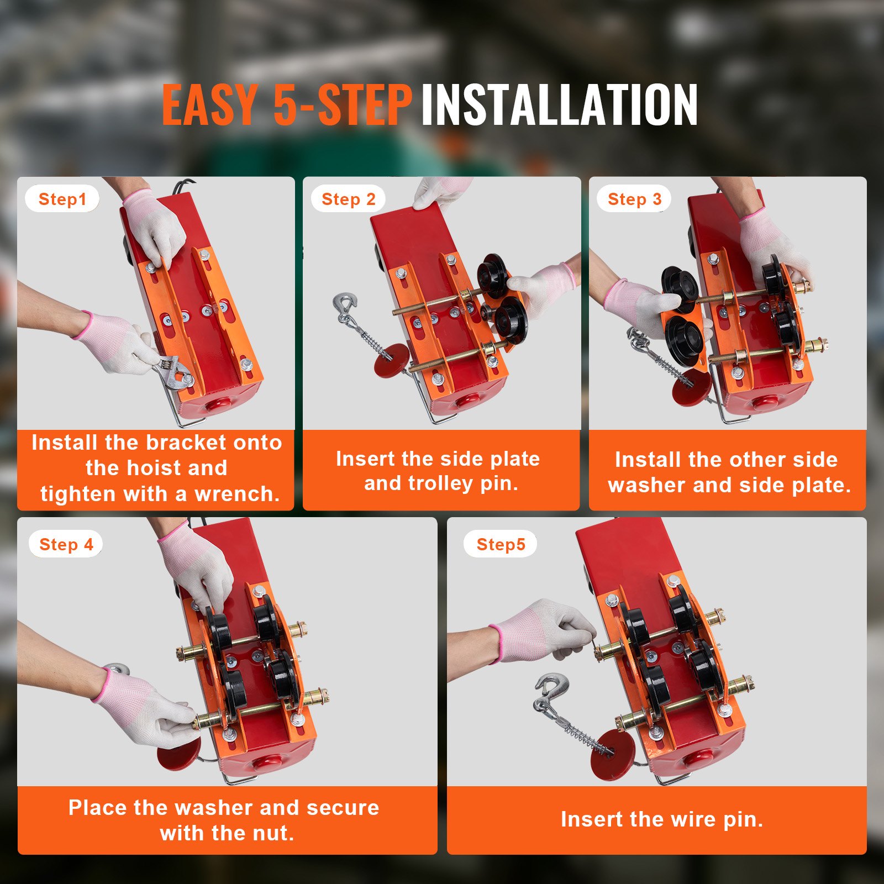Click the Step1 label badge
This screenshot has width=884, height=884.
pyautogui.click(x=62, y=199)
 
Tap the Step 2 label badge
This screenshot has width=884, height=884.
pyautogui.click(x=348, y=199)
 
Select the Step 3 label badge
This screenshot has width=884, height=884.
pyautogui.click(x=634, y=199)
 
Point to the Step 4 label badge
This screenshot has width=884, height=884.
pyautogui.click(x=66, y=544)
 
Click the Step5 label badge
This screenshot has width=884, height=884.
pyautogui.click(x=501, y=544)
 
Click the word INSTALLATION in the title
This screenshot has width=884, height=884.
pyautogui.click(x=559, y=105)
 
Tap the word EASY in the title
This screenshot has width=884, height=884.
pyautogui.click(x=210, y=105)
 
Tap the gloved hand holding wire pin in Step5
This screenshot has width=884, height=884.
pyautogui.click(x=544, y=633)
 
